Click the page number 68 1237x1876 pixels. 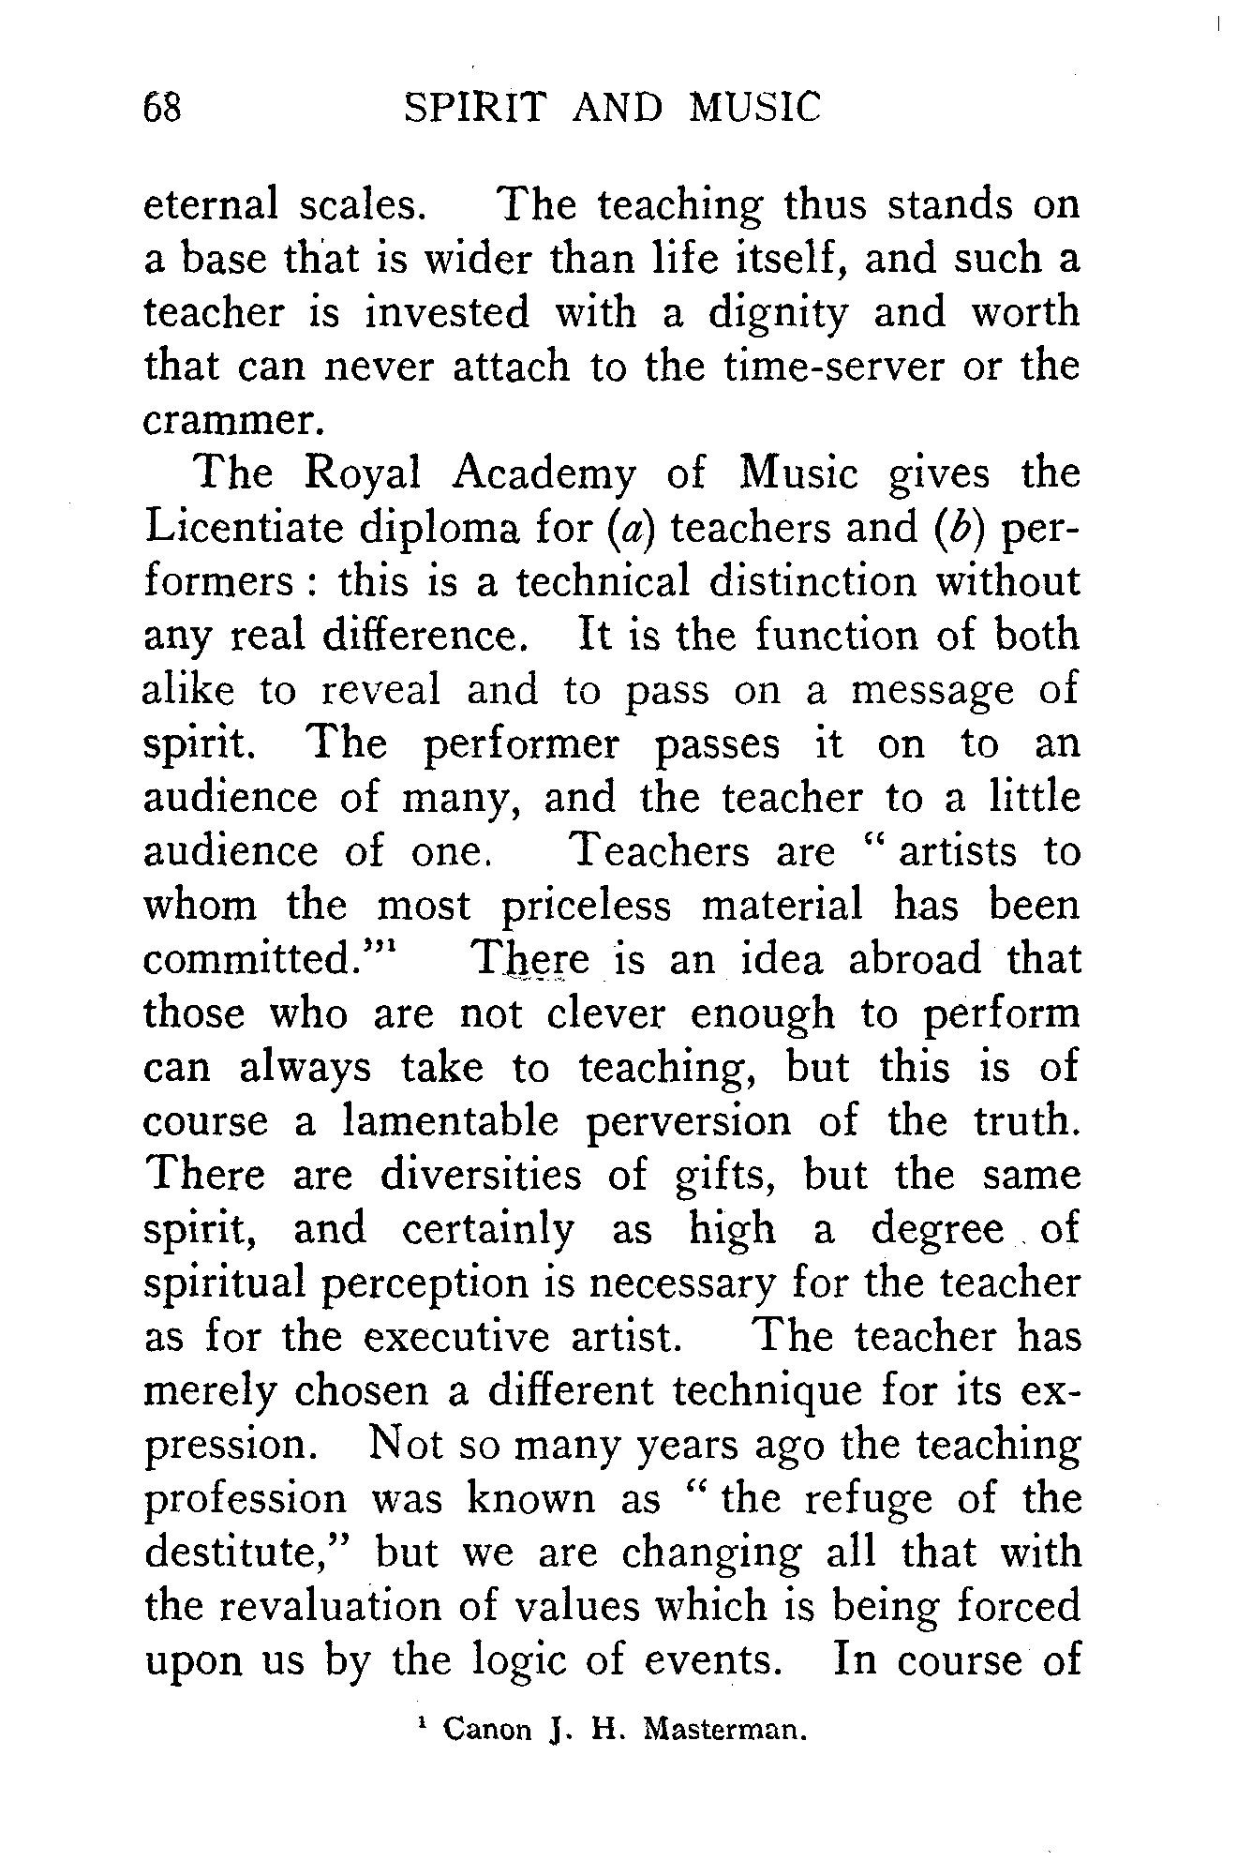click(161, 108)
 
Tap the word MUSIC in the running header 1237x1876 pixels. click(754, 108)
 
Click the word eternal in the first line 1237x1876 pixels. click(211, 204)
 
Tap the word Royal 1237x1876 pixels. click(365, 475)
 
